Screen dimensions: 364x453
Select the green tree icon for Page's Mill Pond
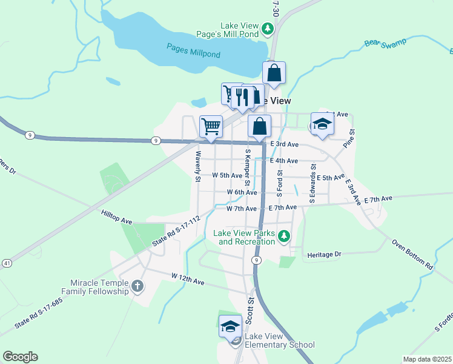pyautogui.click(x=267, y=28)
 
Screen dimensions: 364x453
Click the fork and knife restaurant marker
pyautogui.click(x=242, y=96)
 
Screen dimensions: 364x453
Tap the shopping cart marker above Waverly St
pyautogui.click(x=210, y=127)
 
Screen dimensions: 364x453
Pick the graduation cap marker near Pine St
pyautogui.click(x=322, y=124)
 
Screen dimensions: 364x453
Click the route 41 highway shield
pyautogui.click(x=6, y=263)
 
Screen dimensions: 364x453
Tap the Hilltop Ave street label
pyautogui.click(x=117, y=217)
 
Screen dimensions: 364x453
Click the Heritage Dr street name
pyautogui.click(x=325, y=254)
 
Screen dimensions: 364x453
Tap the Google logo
pyautogui.click(x=20, y=357)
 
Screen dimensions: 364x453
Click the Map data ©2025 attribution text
pyautogui.click(x=427, y=359)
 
